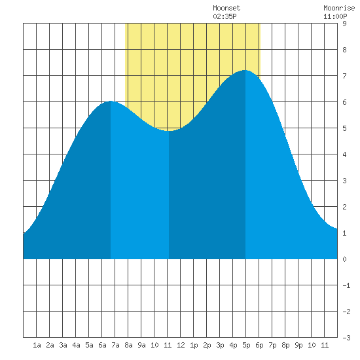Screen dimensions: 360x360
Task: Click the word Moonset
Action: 226,8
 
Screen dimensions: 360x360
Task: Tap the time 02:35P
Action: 225,16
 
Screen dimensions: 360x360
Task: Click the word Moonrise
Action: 339,8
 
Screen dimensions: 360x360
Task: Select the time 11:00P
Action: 335,16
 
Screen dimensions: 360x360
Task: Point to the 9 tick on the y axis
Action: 344,24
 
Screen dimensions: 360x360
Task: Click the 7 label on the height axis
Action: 344,76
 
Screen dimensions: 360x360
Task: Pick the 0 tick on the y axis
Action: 344,259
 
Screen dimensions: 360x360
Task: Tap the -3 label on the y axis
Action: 346,338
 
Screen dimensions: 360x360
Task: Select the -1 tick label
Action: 346,285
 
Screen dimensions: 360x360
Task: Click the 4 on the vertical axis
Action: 344,154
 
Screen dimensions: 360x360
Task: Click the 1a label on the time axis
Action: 37,345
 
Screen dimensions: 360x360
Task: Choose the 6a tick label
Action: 102,345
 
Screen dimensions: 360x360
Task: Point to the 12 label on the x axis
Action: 181,345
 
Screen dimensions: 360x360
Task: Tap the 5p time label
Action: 246,345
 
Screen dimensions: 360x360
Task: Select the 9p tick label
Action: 298,345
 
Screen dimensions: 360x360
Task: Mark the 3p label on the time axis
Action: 220,345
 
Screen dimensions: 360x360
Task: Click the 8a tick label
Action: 128,345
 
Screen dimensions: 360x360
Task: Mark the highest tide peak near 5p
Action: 245,70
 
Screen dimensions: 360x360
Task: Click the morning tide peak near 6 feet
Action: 111,101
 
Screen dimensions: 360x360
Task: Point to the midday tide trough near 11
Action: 169,131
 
